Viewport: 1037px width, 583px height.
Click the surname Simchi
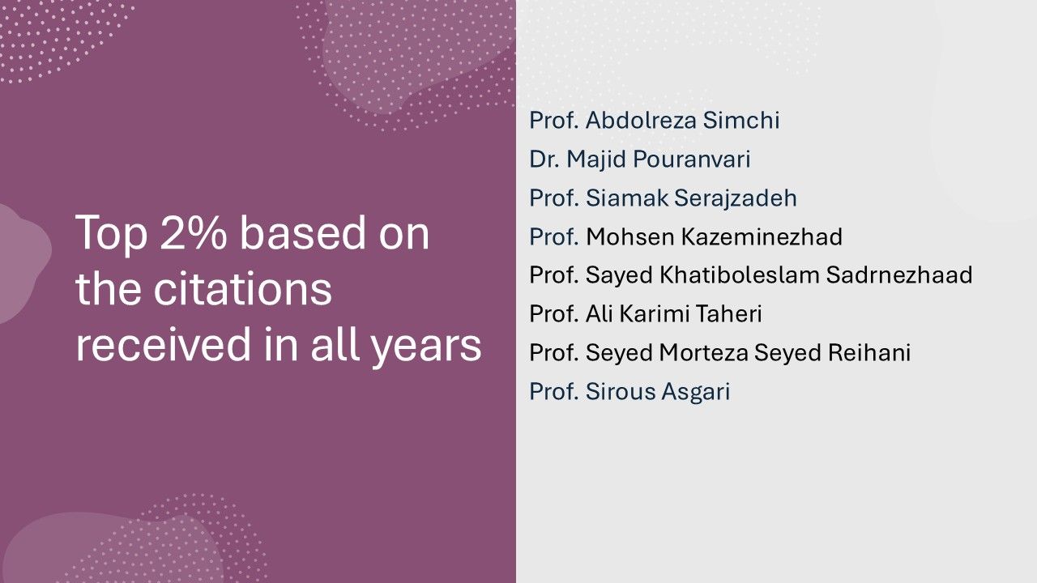pyautogui.click(x=741, y=121)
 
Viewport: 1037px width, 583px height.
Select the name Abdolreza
pyautogui.click(x=641, y=121)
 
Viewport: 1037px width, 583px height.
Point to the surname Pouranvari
pyautogui.click(x=691, y=160)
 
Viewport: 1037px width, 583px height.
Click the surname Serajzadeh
pyautogui.click(x=735, y=198)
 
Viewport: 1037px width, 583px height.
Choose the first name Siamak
pyautogui.click(x=627, y=198)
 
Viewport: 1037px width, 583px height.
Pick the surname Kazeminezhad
pyautogui.click(x=762, y=236)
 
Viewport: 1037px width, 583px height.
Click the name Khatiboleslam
pyautogui.click(x=740, y=274)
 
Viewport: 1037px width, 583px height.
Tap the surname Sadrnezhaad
pyautogui.click(x=899, y=274)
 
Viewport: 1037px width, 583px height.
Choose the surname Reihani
pyautogui.click(x=869, y=352)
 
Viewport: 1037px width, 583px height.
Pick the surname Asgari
pyautogui.click(x=695, y=391)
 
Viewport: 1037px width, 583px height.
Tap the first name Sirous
pyautogui.click(x=621, y=391)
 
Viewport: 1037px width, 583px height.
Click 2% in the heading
pyautogui.click(x=194, y=232)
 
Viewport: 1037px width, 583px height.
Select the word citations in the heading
pyautogui.click(x=242, y=289)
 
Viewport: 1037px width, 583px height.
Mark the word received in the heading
pyautogui.click(x=164, y=345)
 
